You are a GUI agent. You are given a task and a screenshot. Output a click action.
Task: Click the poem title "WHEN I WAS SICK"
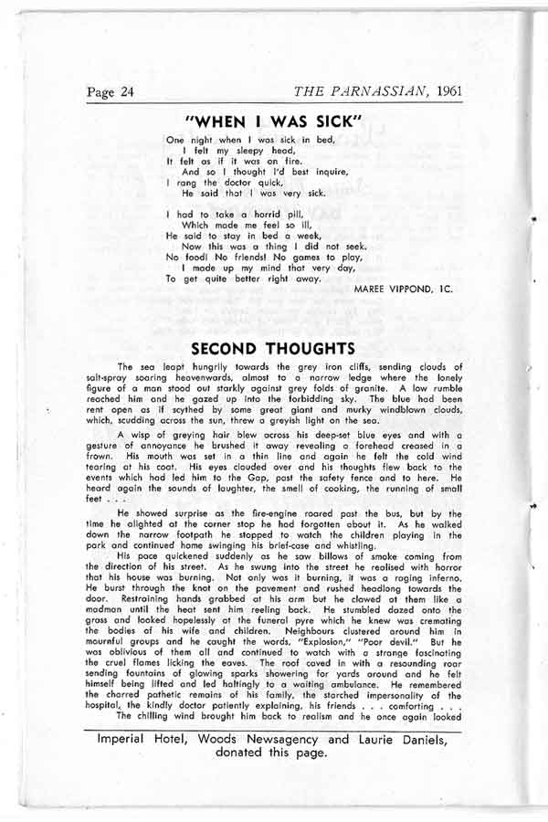[274, 121]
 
